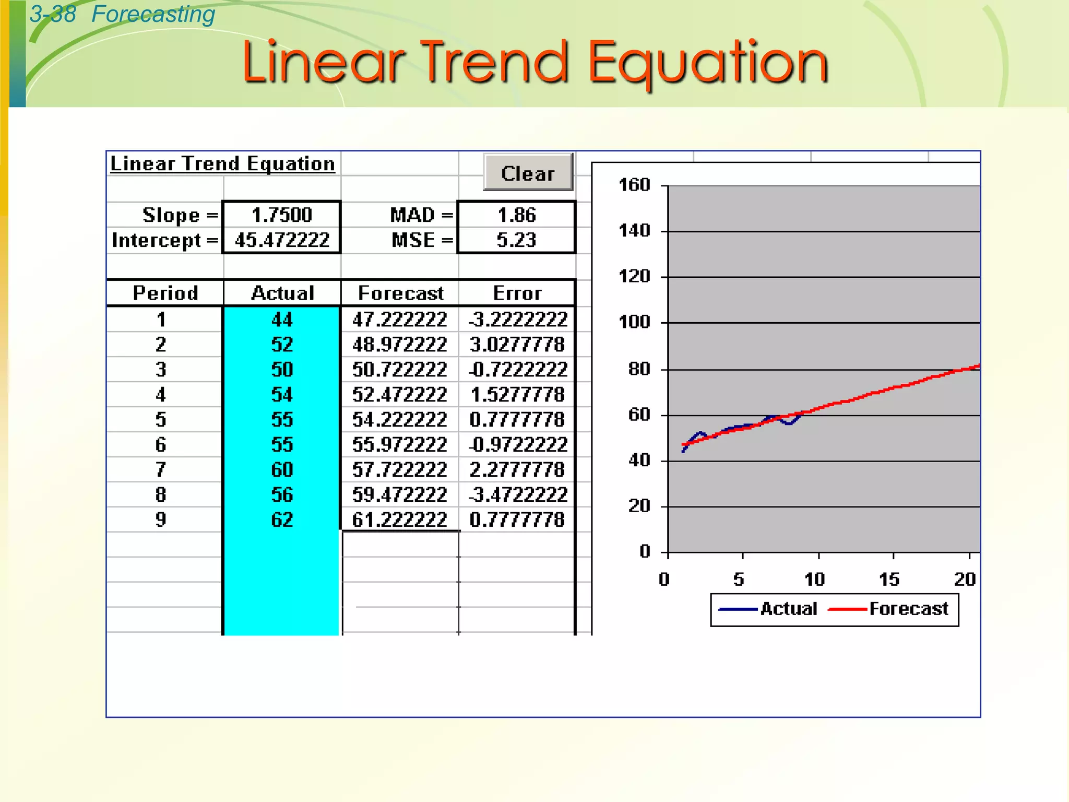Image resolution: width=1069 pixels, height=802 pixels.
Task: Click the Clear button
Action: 528,173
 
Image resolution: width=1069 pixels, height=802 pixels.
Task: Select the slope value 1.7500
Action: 282,215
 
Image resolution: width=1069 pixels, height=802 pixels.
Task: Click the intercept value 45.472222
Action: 282,240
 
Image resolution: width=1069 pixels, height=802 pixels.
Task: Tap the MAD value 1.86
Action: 517,215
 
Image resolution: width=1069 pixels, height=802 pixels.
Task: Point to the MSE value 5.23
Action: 517,240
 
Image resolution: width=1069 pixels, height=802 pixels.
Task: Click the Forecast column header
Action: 400,293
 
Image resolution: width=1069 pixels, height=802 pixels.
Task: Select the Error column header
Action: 517,293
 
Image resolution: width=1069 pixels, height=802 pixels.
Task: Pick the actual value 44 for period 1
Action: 282,319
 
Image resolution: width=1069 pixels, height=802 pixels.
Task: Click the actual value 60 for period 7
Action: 282,469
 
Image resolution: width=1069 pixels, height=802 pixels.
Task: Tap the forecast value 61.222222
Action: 399,520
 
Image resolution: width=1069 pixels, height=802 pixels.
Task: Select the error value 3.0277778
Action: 517,344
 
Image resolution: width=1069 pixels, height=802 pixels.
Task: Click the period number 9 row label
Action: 161,520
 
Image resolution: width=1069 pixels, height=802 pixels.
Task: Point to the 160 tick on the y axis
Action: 634,185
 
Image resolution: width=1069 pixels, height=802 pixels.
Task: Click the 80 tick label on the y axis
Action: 639,369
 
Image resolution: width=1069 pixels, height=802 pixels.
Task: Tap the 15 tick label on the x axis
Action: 889,579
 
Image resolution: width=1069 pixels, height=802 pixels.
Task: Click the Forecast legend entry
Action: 908,609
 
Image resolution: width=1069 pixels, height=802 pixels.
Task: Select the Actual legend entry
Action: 788,609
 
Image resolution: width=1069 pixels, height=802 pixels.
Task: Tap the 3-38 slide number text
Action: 53,14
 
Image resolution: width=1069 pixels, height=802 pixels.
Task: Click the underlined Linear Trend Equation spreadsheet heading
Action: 222,163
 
